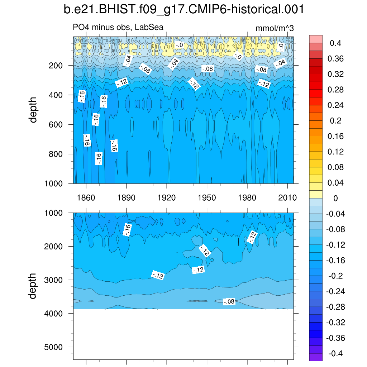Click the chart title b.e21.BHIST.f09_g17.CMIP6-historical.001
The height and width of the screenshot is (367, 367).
pyautogui.click(x=183, y=10)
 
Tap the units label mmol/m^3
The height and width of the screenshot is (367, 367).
pyautogui.click(x=275, y=28)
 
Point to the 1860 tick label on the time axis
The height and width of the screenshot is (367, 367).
pyautogui.click(x=86, y=198)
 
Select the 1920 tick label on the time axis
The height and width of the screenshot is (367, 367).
pyautogui.click(x=167, y=198)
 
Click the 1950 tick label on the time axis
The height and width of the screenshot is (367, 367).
pyautogui.click(x=207, y=198)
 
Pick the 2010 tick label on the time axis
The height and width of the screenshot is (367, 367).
pyautogui.click(x=288, y=198)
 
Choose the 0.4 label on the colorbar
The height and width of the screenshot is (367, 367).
pyautogui.click(x=336, y=43)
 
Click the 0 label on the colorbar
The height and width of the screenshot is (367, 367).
pyautogui.click(x=336, y=198)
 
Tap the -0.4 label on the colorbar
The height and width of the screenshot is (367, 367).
pyautogui.click(x=335, y=354)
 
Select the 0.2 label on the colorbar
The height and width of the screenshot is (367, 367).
pyautogui.click(x=336, y=121)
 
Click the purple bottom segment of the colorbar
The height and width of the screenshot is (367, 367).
pyautogui.click(x=316, y=357)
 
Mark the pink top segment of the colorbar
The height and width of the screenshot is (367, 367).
pyautogui.click(x=316, y=39)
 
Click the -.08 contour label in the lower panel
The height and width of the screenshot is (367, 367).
pyautogui.click(x=229, y=302)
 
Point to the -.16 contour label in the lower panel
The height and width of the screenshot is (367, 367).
pyautogui.click(x=127, y=230)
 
